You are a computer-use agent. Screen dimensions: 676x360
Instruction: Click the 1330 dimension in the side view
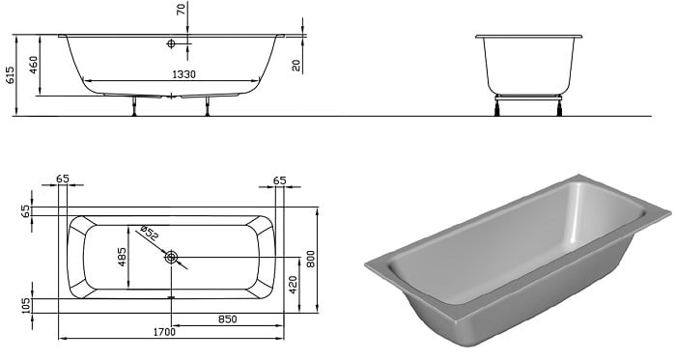click(x=184, y=74)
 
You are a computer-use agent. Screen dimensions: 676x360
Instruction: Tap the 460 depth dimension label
click(x=34, y=65)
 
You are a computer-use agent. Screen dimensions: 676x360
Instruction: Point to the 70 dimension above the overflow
click(x=182, y=9)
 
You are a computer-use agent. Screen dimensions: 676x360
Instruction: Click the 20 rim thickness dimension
click(x=296, y=66)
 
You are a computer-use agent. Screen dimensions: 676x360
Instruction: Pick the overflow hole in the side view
click(x=171, y=43)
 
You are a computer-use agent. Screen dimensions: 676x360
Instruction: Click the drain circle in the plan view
click(x=171, y=258)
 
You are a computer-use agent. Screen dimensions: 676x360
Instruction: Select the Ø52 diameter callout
click(x=150, y=233)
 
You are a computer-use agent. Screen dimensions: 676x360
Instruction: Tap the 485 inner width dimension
click(x=123, y=257)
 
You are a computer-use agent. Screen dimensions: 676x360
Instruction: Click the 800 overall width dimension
click(x=311, y=259)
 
